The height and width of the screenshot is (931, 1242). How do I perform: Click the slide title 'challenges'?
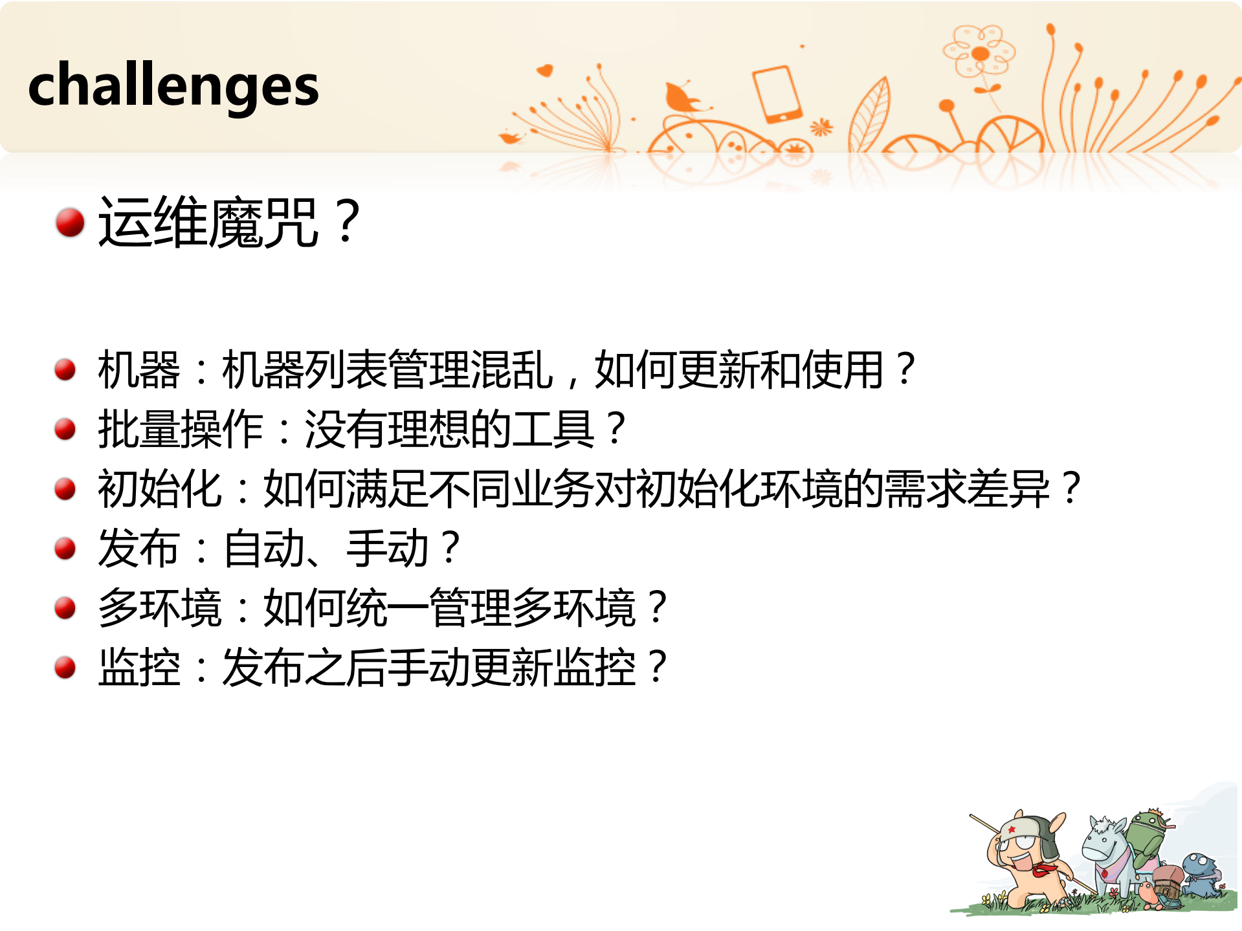click(173, 86)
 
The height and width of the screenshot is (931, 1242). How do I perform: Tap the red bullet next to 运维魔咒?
click(70, 223)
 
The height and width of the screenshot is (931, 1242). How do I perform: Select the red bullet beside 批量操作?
click(65, 428)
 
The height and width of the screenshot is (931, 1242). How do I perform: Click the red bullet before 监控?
click(65, 667)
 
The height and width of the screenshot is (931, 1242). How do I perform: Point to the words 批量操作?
click(180, 429)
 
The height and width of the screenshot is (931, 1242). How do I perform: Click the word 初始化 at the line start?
click(159, 488)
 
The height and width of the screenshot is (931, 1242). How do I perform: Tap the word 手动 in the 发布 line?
click(387, 549)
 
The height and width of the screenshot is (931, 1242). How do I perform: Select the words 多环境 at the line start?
click(159, 608)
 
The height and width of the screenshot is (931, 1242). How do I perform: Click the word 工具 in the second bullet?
click(553, 429)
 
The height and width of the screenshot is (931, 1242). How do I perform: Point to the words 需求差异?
click(967, 488)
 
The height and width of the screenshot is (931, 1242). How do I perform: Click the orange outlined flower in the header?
click(979, 52)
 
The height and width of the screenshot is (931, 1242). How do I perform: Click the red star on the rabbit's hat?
click(1012, 829)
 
